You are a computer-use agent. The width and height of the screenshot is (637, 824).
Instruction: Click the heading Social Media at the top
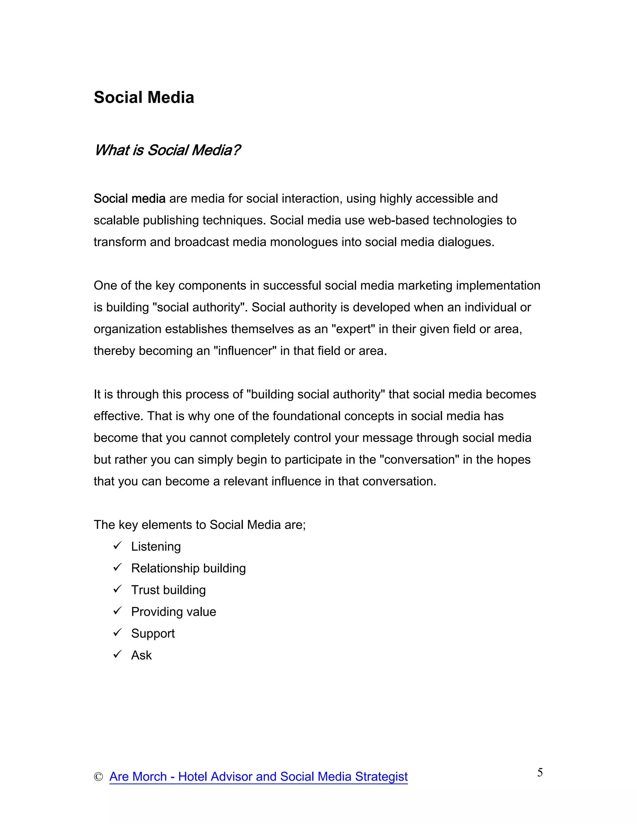pos(144,97)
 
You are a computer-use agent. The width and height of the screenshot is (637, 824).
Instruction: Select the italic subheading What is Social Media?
pos(167,150)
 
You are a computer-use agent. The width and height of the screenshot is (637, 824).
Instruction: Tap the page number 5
pos(540,772)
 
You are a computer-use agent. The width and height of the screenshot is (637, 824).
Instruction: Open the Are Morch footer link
pos(258,776)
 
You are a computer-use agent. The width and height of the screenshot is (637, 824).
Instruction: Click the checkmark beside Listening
pos(117,546)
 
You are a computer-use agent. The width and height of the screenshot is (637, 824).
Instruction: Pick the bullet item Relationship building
pos(188,568)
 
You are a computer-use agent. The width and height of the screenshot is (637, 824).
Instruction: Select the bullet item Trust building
pos(168,590)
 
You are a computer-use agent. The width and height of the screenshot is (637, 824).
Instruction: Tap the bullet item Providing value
pos(174,612)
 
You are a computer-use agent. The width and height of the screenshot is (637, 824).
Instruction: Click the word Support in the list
pos(153,633)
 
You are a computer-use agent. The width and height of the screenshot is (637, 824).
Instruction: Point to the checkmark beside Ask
pos(117,654)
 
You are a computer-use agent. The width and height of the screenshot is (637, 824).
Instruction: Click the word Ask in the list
pos(141,655)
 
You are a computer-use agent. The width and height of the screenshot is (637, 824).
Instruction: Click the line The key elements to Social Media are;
pos(200,525)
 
